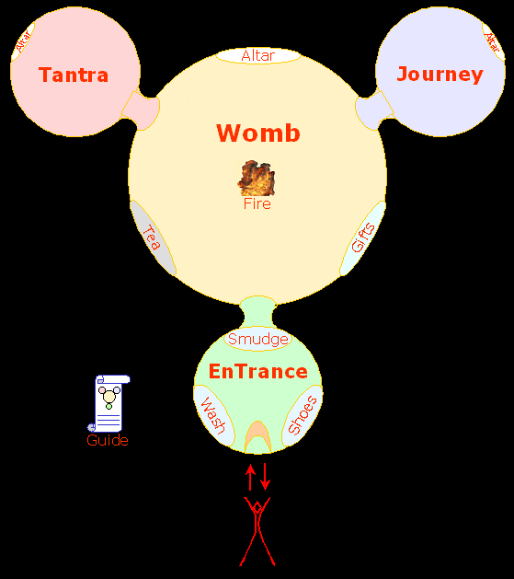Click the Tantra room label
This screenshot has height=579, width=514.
coord(74,75)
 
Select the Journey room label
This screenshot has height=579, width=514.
coord(440,75)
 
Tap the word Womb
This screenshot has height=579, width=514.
coord(258,133)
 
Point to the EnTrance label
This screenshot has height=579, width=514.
coord(258,372)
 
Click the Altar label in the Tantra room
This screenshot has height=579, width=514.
coord(23,41)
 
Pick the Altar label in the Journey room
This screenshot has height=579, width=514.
coord(493,41)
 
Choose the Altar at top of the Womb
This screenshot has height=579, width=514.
coord(258,56)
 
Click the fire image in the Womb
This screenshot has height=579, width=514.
coord(257,178)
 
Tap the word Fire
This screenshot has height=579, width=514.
coord(257,203)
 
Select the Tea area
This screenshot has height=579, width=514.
coord(153,238)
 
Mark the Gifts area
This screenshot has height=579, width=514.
coord(363,238)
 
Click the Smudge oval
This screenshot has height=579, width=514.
coord(258,339)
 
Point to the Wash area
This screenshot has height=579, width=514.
coord(213,415)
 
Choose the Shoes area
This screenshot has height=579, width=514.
coord(303,415)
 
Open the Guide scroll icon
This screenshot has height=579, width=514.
coord(109,403)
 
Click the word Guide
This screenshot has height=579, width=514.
coord(108,441)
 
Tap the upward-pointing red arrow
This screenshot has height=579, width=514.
coord(250,477)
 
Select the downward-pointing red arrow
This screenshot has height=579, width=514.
coord(265,477)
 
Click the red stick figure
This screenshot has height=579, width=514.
coord(257,531)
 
